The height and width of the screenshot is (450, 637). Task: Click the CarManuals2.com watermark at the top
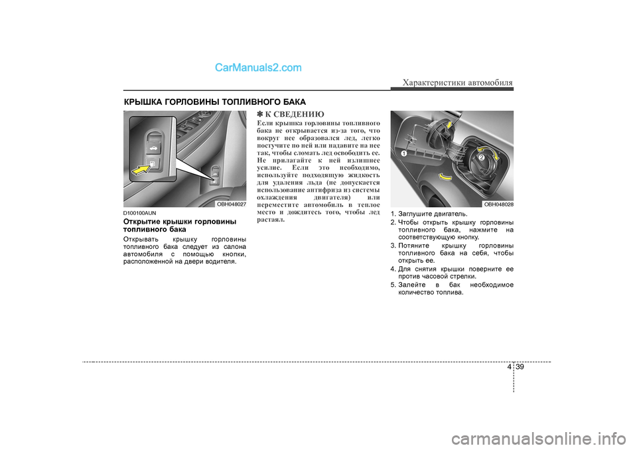point(258,67)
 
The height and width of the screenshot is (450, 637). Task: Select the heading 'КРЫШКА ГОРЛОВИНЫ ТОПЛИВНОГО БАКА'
point(214,102)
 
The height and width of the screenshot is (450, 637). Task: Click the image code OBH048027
point(231,204)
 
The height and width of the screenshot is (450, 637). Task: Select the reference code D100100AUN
point(139,213)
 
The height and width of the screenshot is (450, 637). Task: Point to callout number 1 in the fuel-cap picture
point(403,154)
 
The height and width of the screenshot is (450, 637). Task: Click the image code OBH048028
point(498,204)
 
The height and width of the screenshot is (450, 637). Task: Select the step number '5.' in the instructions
point(393,284)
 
